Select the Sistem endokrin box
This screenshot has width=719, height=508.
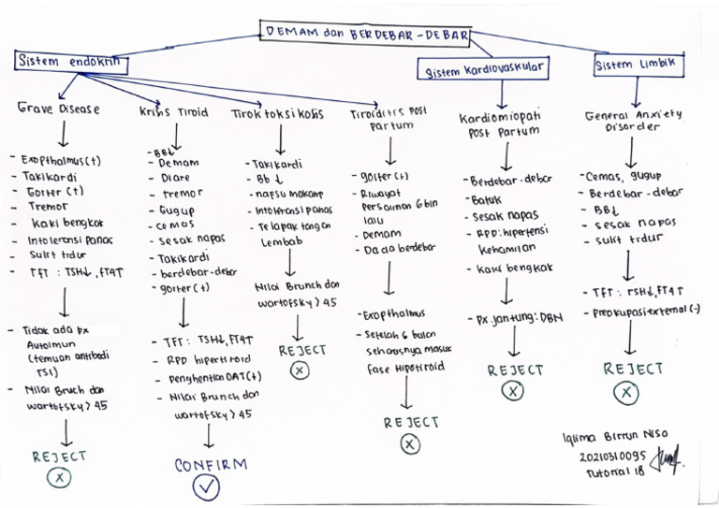[72, 62]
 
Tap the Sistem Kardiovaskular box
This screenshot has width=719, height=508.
[483, 71]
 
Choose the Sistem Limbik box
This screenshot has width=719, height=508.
[640, 65]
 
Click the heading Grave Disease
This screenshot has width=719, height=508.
[58, 109]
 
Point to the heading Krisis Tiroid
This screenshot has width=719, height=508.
[174, 112]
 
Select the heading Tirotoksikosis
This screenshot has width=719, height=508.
[277, 113]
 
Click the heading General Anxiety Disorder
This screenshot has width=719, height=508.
[634, 121]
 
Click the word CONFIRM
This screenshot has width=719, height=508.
[211, 464]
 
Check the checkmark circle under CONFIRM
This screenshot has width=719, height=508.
[207, 487]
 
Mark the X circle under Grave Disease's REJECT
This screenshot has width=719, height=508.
[59, 478]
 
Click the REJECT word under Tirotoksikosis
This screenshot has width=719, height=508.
[302, 350]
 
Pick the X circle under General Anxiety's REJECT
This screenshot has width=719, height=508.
[627, 393]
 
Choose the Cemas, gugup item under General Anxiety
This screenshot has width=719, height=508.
[623, 176]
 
